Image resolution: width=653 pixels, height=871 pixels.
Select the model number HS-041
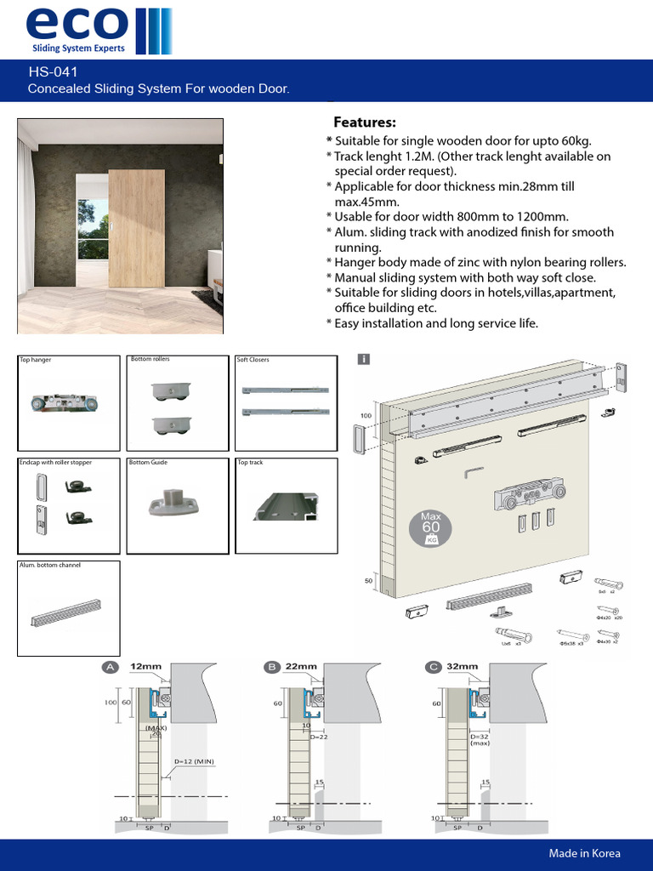tap(53, 72)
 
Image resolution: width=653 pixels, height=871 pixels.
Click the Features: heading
tap(364, 122)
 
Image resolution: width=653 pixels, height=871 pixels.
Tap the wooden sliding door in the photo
tap(136, 228)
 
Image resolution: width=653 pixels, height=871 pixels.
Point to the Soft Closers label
tap(253, 360)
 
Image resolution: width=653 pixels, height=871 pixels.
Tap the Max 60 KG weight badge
tap(431, 528)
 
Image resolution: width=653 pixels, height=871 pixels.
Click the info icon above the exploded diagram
tap(364, 360)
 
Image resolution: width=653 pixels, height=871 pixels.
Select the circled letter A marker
tap(110, 668)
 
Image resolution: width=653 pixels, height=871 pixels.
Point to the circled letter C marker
tap(434, 668)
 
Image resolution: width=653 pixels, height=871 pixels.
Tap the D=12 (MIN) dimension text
tap(194, 760)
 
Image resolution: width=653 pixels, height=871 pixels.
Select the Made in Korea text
tap(584, 853)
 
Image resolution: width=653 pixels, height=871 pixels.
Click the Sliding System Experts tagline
tap(78, 48)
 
